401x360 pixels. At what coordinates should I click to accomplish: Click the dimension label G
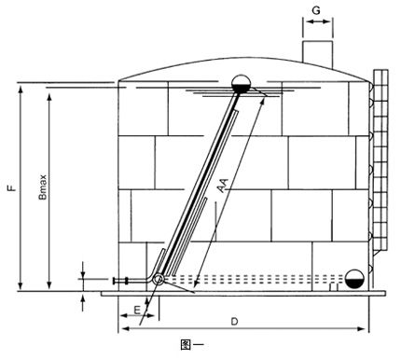[316, 10]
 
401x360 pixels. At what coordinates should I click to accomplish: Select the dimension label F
[12, 188]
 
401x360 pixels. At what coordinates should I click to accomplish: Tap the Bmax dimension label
[43, 187]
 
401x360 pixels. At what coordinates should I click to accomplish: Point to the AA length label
[223, 185]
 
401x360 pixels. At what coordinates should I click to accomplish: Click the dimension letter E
[137, 310]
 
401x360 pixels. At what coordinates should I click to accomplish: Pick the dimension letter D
[234, 322]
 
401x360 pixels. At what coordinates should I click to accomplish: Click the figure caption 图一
[191, 344]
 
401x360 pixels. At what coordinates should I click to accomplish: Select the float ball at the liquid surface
[242, 84]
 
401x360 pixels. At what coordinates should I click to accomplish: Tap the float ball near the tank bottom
[354, 279]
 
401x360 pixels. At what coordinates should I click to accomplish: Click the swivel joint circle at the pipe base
[159, 279]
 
